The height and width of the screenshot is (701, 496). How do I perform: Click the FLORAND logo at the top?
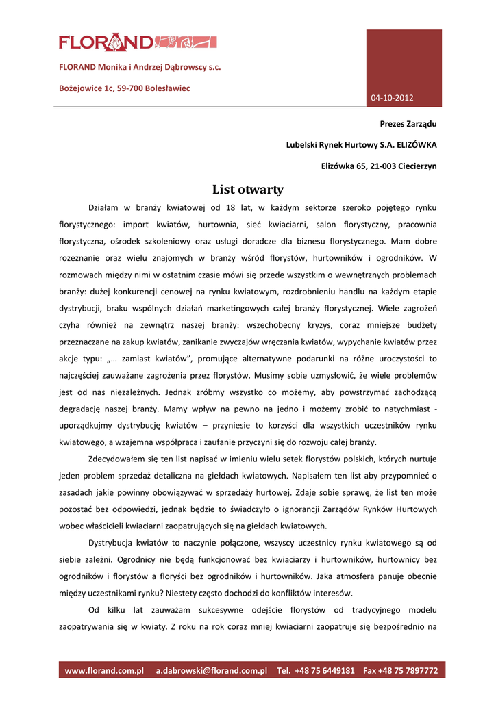tap(137, 42)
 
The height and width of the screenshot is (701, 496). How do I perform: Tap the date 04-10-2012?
tap(393, 98)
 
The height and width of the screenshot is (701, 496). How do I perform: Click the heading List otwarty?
tap(248, 189)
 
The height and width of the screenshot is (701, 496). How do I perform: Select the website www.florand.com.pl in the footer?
tap(104, 670)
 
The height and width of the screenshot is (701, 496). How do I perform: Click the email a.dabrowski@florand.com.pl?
tap(211, 670)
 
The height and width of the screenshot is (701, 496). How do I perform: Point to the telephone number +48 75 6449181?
tap(325, 670)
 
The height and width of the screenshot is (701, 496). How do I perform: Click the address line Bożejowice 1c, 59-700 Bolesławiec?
tap(124, 88)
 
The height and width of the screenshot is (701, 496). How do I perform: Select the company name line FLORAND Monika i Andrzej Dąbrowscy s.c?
tap(140, 68)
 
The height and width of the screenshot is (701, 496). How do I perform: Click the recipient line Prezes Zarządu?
tap(408, 124)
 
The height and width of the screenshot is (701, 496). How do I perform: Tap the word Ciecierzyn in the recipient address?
tap(414, 166)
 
